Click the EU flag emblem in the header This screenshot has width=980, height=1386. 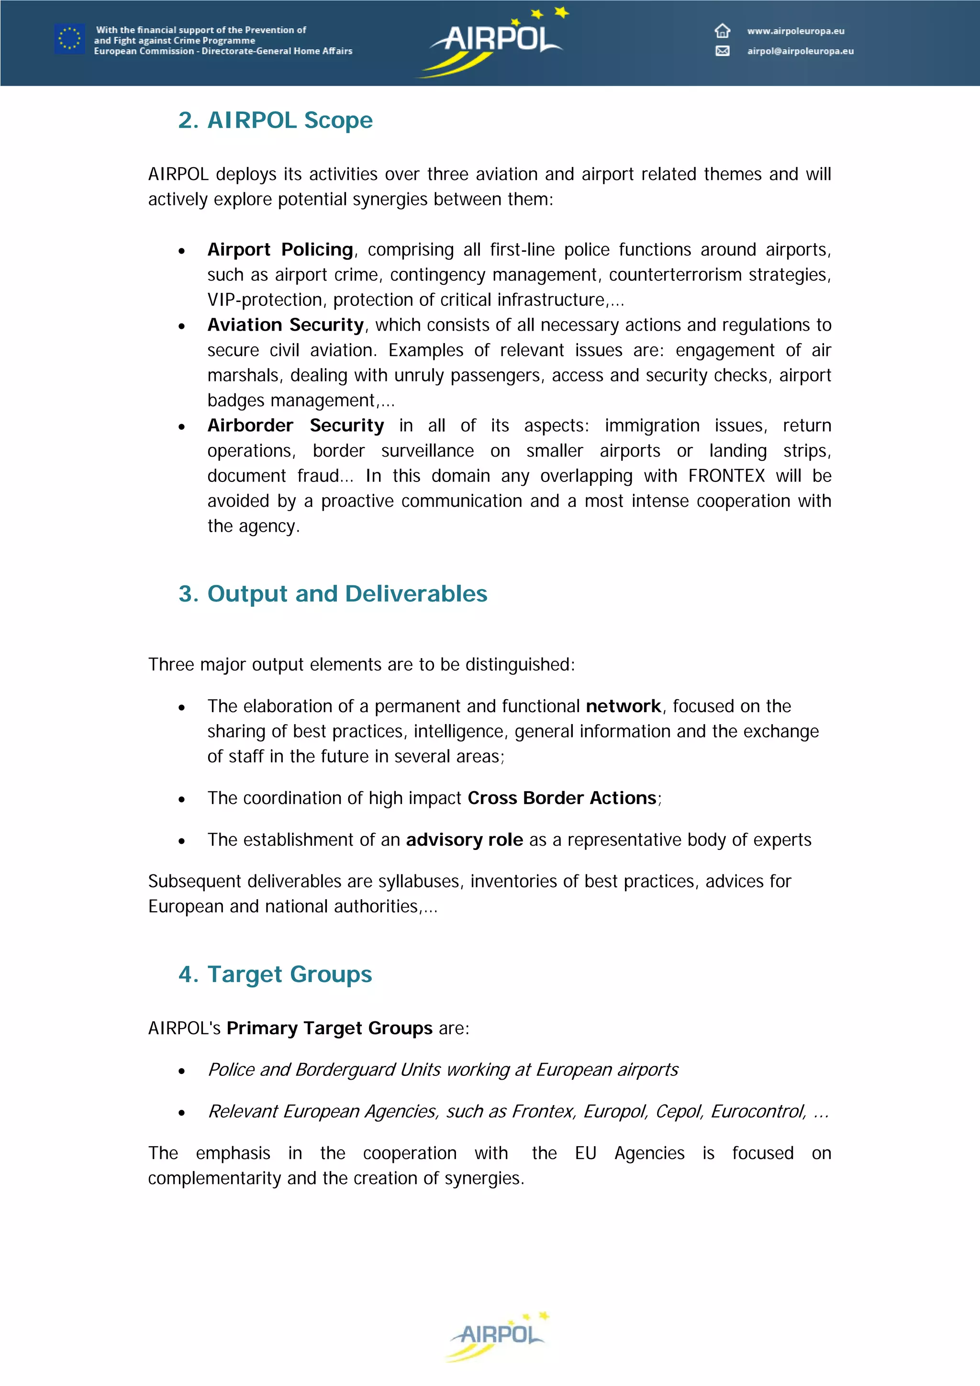(x=69, y=39)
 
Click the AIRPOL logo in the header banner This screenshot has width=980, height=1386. (x=495, y=41)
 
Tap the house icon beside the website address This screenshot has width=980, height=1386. (x=723, y=30)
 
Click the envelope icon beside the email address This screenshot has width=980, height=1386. (x=723, y=51)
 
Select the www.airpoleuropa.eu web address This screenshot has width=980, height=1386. (x=795, y=31)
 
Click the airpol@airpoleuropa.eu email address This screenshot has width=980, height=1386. (x=800, y=51)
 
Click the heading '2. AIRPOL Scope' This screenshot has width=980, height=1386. (x=275, y=120)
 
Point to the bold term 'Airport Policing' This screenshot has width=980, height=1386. (x=280, y=249)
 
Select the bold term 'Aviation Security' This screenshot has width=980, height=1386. (x=285, y=325)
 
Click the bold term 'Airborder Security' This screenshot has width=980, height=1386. (x=295, y=425)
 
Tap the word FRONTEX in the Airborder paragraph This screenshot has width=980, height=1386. (x=726, y=476)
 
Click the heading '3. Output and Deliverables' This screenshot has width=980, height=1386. (x=333, y=593)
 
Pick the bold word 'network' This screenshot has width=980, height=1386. (x=623, y=706)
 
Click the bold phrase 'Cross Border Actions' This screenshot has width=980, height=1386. (x=561, y=798)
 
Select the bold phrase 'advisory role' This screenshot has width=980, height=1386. (x=464, y=840)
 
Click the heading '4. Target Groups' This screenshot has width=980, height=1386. (x=275, y=974)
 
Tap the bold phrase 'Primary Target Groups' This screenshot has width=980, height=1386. (x=330, y=1028)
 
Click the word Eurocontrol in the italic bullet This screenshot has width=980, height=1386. (x=757, y=1111)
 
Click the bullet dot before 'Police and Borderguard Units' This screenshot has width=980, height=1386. (x=182, y=1072)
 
